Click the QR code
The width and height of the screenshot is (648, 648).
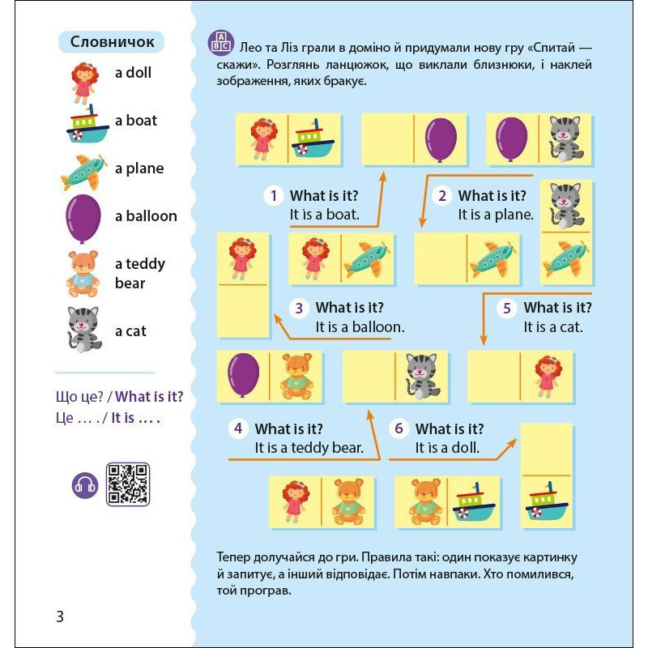[x=128, y=484]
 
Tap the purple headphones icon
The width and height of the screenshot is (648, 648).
[x=85, y=485]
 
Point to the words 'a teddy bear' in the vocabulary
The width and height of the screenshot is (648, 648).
[x=140, y=273]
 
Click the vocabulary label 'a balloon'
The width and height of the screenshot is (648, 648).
[x=146, y=215]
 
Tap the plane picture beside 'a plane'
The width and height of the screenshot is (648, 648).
[x=83, y=171]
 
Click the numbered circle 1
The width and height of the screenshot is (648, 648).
[x=274, y=195]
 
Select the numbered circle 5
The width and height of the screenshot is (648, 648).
[x=507, y=308]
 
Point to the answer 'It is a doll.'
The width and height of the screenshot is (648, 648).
[x=447, y=448]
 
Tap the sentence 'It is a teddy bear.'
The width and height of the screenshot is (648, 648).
[x=309, y=448]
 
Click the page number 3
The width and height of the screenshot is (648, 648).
[x=59, y=616]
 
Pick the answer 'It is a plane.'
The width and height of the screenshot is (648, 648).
[x=496, y=215]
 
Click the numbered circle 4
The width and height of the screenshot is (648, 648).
[x=237, y=428]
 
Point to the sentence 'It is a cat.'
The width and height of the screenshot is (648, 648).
[x=553, y=327]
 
